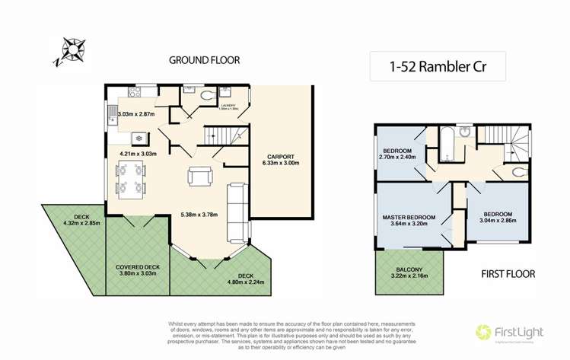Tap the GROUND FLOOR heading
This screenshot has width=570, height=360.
tap(204, 60)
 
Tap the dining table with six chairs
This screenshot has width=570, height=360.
tap(131, 179)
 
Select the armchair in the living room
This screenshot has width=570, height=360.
tap(199, 177)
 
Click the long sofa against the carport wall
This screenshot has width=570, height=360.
tap(238, 210)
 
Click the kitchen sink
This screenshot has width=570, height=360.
tap(113, 116)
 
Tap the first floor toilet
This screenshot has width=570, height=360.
tap(518, 170)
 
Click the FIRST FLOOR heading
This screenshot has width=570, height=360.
tap(508, 273)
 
